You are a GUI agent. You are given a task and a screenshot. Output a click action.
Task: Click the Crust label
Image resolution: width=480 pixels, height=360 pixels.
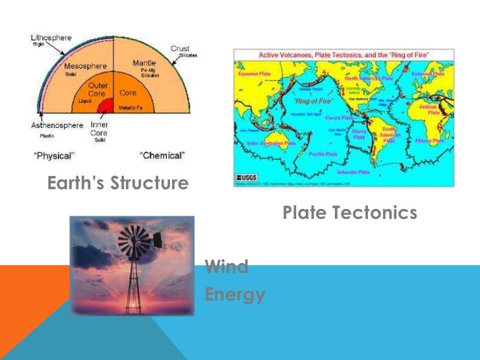tap(180, 49)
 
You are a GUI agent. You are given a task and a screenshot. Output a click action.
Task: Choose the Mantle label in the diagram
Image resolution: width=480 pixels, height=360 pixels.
tap(144, 63)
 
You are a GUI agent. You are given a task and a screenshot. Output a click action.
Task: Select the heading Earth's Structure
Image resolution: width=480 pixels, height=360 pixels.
tap(118, 183)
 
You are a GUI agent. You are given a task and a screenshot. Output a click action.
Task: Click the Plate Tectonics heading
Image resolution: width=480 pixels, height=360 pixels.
tap(349, 212)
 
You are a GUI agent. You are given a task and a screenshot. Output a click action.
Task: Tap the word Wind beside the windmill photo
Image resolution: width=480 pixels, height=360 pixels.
tap(226, 267)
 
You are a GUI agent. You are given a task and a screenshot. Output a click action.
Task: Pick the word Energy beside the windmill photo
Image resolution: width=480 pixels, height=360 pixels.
tap(235, 294)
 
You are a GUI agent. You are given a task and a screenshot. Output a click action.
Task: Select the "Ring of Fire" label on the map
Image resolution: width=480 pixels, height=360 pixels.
tap(311, 101)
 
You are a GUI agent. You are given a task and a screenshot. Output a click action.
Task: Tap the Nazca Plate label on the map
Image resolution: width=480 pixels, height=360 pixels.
tap(359, 135)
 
